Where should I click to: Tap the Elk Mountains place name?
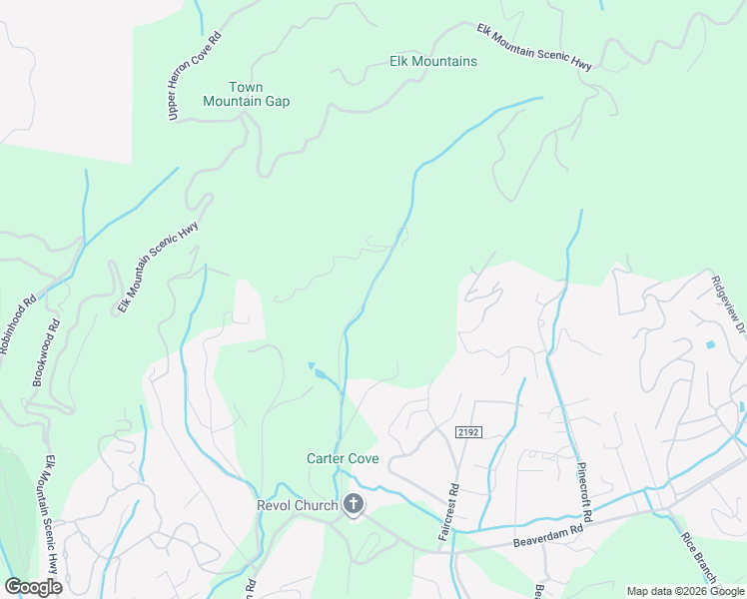pos(432,61)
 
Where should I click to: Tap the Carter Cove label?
pos(342,458)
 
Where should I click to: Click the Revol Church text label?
pos(298,505)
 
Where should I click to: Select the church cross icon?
pos(353,505)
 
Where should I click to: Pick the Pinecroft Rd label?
pos(586,490)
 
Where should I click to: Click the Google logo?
pos(33,587)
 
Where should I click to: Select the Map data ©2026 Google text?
pos(684,591)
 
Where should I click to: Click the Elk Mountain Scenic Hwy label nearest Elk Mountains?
pos(534,47)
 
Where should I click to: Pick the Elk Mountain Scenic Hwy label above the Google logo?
pos(49,513)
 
